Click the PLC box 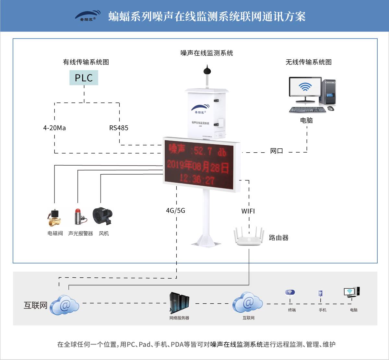click(x=84, y=78)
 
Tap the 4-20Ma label click(x=54, y=128)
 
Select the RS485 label click(x=119, y=128)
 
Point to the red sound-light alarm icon click(x=79, y=216)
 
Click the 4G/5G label click(x=175, y=211)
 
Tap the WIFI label click(x=248, y=211)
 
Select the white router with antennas click(x=249, y=237)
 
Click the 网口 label click(x=277, y=151)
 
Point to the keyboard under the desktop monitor click(x=307, y=110)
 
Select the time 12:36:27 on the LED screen click(x=197, y=179)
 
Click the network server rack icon click(x=179, y=302)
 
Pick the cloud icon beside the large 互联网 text click(x=65, y=305)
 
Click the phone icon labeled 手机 click(x=320, y=294)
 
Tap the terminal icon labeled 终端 click(x=290, y=293)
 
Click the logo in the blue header click(x=88, y=16)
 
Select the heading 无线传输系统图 click(x=308, y=62)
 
